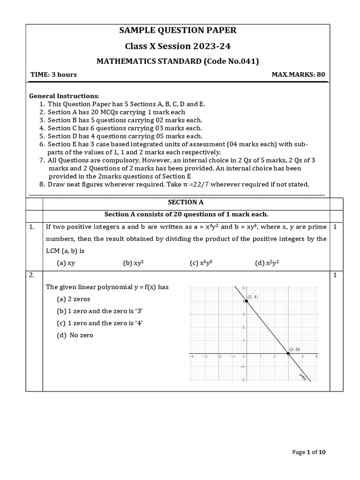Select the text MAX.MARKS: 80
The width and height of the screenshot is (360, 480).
pyautogui.click(x=298, y=75)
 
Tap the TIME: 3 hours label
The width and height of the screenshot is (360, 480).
pyautogui.click(x=53, y=75)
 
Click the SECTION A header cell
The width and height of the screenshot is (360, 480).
pyautogui.click(x=186, y=202)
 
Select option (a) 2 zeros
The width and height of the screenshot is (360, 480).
pyautogui.click(x=74, y=299)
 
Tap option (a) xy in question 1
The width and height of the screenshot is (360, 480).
pyautogui.click(x=66, y=263)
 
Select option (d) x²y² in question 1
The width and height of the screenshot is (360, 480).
pyautogui.click(x=267, y=263)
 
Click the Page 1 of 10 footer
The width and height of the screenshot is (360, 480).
pyautogui.click(x=308, y=452)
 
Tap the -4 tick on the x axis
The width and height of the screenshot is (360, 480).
pyautogui.click(x=191, y=357)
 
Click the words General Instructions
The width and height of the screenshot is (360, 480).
pyautogui.click(x=64, y=96)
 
